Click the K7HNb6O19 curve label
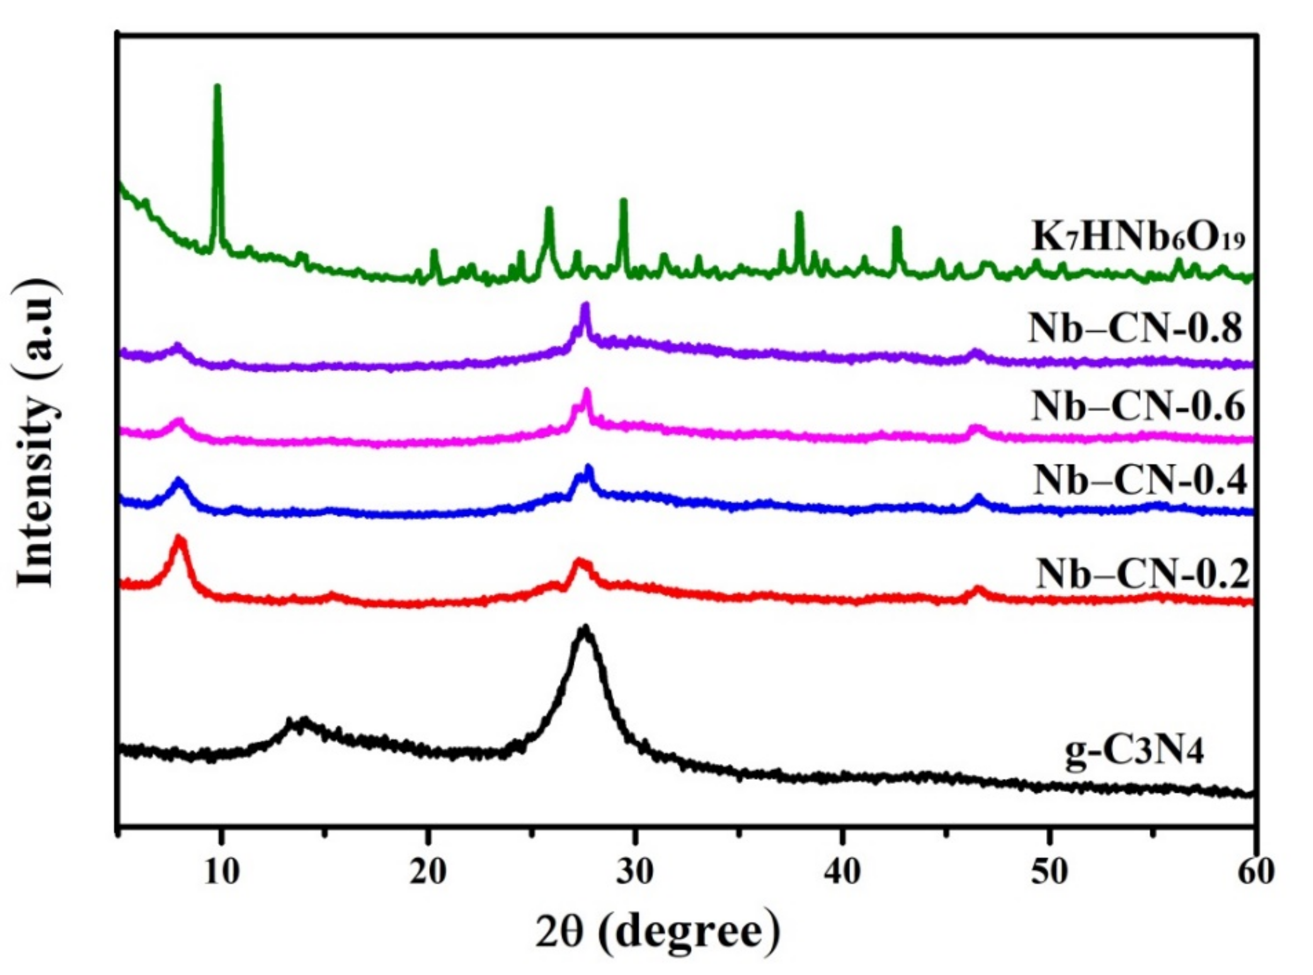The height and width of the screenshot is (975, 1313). pyautogui.click(x=1138, y=239)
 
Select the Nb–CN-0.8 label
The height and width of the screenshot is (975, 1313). pyautogui.click(x=1136, y=328)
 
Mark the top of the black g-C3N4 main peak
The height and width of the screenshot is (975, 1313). pyautogui.click(x=585, y=629)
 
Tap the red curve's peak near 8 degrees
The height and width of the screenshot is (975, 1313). pyautogui.click(x=179, y=538)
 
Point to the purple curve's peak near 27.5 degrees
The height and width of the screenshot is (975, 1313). pyautogui.click(x=585, y=306)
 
